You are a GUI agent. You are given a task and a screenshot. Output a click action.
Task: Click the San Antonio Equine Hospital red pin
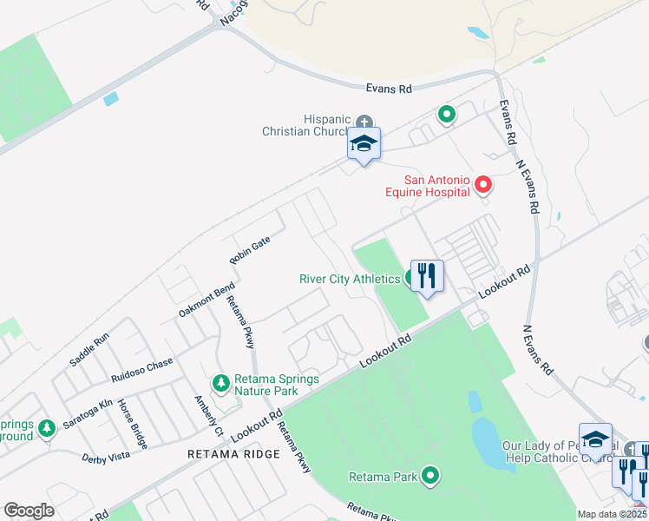(482, 185)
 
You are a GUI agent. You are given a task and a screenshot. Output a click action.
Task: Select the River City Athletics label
(349, 279)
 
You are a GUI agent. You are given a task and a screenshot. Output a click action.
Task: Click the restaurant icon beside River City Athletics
(426, 276)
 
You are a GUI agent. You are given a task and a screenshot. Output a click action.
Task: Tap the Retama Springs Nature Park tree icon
(222, 382)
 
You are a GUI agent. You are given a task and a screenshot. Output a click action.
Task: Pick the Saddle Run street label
(89, 348)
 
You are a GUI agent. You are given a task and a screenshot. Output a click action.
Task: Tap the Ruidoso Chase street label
(141, 369)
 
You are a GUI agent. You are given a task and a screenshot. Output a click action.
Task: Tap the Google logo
(29, 511)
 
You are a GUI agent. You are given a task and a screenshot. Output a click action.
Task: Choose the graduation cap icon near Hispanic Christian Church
(364, 144)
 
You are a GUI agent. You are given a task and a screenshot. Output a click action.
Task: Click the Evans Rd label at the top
(387, 89)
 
